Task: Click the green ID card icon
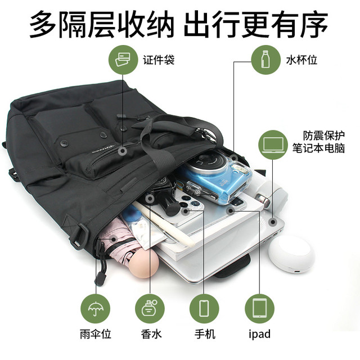(x=123, y=60)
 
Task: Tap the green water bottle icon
(x=266, y=60)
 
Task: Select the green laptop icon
(x=273, y=145)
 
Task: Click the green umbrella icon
(x=96, y=309)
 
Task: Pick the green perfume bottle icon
(x=150, y=309)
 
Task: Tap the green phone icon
(x=204, y=309)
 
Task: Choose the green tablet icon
(x=260, y=309)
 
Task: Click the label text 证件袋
(x=159, y=60)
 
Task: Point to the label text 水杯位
(x=301, y=60)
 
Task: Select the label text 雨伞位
(x=96, y=334)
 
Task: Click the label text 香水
(x=151, y=334)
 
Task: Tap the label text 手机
(x=205, y=334)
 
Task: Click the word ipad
(x=260, y=334)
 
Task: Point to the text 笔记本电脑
(x=318, y=148)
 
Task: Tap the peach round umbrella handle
(x=143, y=263)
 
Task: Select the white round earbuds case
(x=291, y=254)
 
